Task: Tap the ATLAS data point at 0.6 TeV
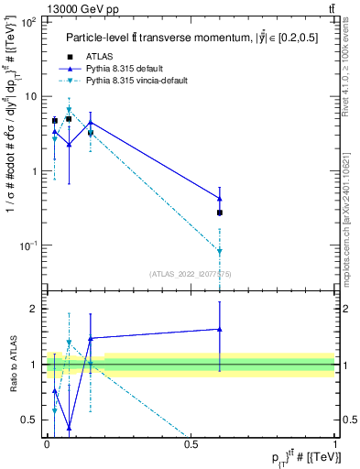point(220,213)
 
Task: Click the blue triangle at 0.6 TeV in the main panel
point(220,198)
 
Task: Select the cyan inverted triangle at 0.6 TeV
point(220,251)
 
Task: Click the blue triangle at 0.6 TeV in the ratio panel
point(220,329)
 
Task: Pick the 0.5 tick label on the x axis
point(191,444)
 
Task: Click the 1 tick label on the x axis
point(335,444)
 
